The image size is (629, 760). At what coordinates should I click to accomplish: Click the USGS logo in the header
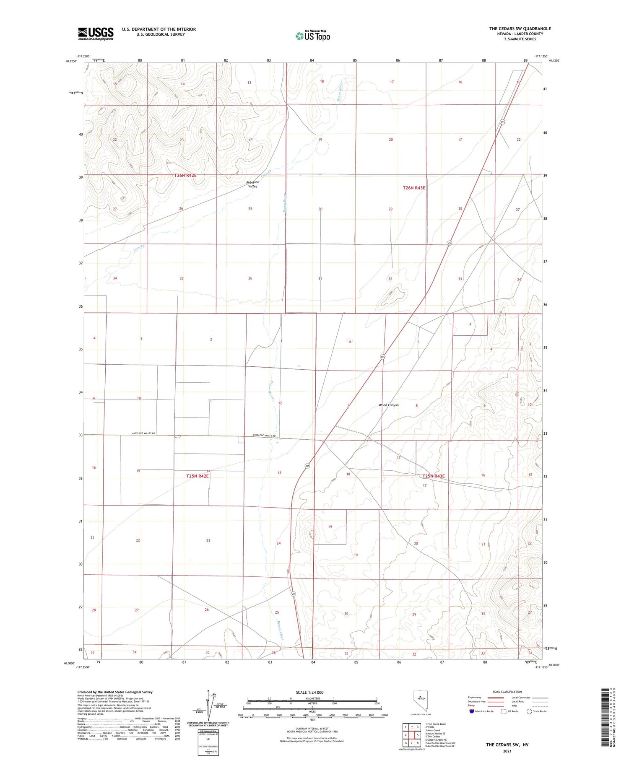click(96, 34)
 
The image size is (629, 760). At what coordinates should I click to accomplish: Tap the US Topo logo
click(313, 36)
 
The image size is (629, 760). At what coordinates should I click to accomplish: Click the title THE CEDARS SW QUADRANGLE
click(520, 29)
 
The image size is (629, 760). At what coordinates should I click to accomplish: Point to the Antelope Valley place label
click(252, 184)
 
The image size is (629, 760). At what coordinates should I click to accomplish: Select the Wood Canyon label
click(388, 405)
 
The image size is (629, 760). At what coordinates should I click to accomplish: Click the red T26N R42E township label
click(185, 175)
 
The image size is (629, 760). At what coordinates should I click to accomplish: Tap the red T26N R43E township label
click(414, 188)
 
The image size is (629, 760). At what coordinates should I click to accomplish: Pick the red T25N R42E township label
click(198, 476)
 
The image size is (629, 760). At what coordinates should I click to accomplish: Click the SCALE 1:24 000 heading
click(309, 692)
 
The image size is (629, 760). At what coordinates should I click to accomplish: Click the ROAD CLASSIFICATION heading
click(507, 692)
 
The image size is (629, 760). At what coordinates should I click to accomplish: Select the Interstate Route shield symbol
click(472, 711)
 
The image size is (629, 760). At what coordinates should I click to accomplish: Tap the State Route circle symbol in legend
click(529, 711)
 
